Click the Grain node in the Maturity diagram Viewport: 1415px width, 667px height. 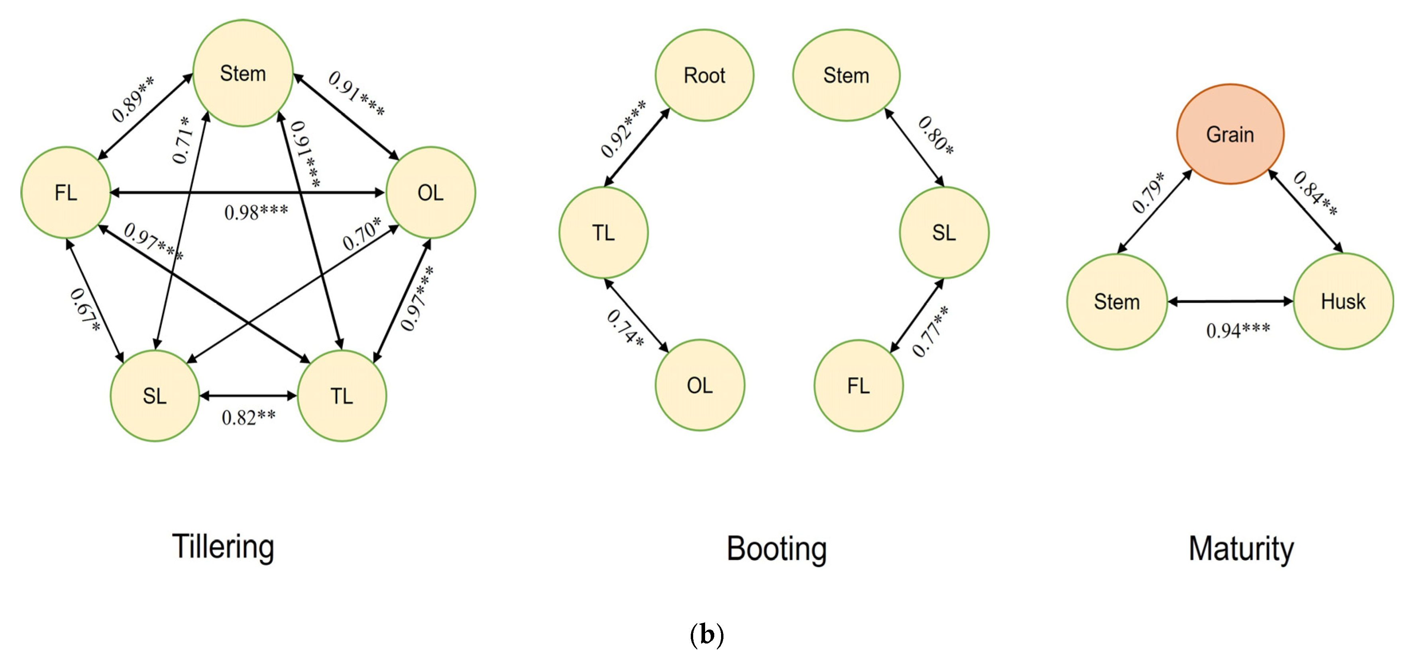pyautogui.click(x=1230, y=134)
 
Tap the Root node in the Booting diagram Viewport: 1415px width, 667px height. pyautogui.click(x=704, y=75)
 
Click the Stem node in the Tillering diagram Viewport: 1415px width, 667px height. pyautogui.click(x=243, y=73)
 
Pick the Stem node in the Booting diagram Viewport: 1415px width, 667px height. pyautogui.click(x=846, y=75)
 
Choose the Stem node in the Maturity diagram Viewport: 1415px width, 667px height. pyautogui.click(x=1117, y=301)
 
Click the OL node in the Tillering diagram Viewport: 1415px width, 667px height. pyautogui.click(x=430, y=193)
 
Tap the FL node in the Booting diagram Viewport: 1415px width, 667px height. pyautogui.click(x=858, y=385)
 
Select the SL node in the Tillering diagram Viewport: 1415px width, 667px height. pyautogui.click(x=154, y=396)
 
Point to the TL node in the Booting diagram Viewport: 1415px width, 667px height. pyautogui.click(x=603, y=233)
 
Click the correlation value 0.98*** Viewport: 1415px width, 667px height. pyautogui.click(x=256, y=212)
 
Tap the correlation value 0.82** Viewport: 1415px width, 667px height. pyautogui.click(x=248, y=418)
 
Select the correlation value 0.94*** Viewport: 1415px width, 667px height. pyautogui.click(x=1238, y=330)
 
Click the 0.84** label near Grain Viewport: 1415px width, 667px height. pyautogui.click(x=1315, y=193)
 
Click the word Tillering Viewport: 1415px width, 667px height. pyautogui.click(x=223, y=547)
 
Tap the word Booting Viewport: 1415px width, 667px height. pyautogui.click(x=776, y=548)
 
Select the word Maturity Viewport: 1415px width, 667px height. pyautogui.click(x=1241, y=548)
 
